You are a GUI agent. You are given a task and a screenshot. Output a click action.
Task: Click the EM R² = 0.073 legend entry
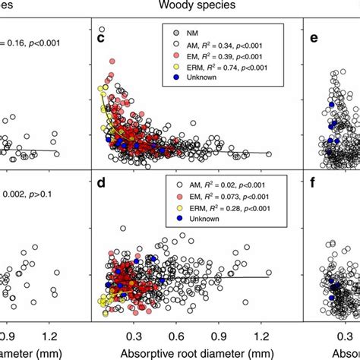pos(220,196)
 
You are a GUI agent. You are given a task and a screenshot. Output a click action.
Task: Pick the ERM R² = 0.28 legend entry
pos(221,207)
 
